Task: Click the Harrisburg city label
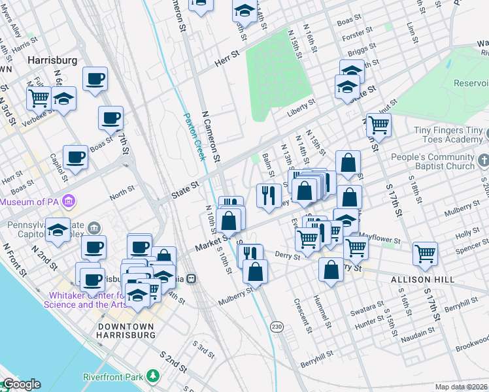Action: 52,60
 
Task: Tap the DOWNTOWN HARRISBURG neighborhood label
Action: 126,331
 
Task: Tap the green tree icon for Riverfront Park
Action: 153,376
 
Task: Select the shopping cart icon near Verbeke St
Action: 39,99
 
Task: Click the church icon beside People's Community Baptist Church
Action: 483,160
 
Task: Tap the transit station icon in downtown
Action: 192,278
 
